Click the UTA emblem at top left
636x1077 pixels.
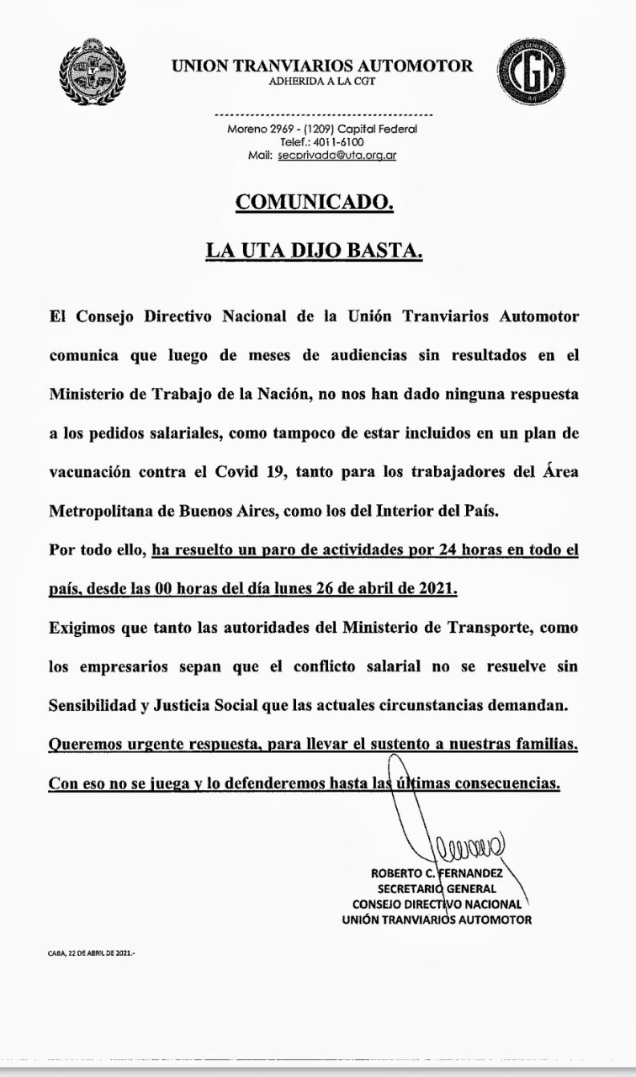click(93, 72)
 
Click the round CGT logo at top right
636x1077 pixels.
click(530, 72)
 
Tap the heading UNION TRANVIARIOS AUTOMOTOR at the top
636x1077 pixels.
click(322, 66)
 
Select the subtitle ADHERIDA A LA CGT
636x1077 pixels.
click(322, 82)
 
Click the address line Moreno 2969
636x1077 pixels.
click(322, 130)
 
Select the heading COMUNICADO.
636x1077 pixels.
click(314, 203)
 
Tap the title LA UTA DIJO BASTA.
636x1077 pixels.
click(314, 251)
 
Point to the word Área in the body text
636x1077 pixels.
click(558, 473)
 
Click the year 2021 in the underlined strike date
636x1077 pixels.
click(436, 589)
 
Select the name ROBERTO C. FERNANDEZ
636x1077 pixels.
click(443, 873)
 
